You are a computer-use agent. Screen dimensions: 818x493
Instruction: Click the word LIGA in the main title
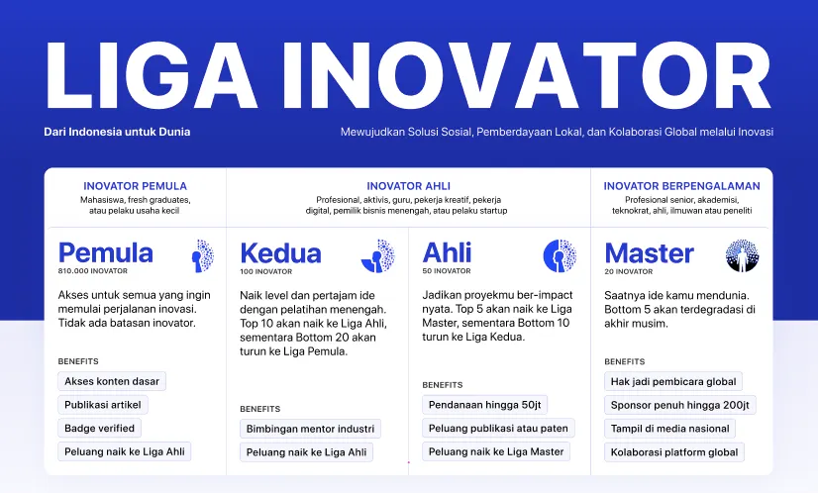[152, 75]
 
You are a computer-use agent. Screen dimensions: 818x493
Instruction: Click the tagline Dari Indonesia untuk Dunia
[117, 132]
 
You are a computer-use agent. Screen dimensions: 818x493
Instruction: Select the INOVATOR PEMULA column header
[135, 186]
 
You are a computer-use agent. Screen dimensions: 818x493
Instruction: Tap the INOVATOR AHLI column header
[408, 186]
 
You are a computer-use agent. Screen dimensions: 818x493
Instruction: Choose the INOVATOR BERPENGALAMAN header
[682, 186]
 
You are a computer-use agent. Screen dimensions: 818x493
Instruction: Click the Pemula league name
[106, 252]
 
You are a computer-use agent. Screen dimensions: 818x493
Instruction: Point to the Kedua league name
[280, 253]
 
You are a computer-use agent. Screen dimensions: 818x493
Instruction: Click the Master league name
[650, 253]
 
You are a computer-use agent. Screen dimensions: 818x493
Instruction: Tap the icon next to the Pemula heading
[202, 255]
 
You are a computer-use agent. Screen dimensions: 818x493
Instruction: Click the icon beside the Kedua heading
[378, 255]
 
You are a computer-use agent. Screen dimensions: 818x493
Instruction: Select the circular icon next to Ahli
[560, 255]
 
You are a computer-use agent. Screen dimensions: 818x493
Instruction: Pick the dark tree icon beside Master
[742, 255]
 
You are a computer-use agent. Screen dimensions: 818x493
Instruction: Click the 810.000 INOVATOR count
[93, 271]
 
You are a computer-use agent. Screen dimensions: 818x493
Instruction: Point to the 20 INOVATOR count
[629, 271]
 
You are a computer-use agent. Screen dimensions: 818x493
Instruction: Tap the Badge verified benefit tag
[100, 429]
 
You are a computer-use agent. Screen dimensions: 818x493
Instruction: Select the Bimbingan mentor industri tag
[310, 429]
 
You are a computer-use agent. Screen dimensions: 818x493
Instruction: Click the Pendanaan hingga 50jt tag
[484, 405]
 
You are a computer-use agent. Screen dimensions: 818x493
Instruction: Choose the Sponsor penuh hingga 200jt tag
[680, 405]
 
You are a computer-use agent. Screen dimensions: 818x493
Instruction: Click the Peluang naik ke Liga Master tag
[496, 451]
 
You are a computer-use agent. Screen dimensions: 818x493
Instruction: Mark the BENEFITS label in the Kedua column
[260, 409]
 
